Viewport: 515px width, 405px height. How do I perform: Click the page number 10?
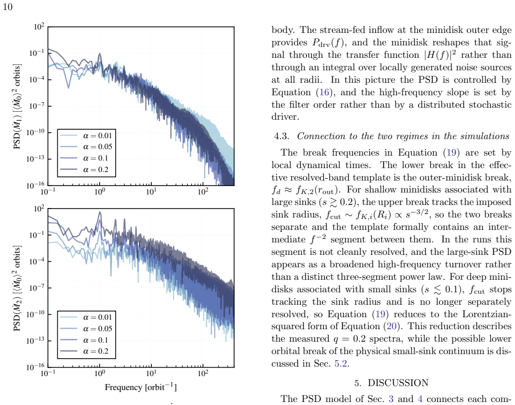pos(7,7)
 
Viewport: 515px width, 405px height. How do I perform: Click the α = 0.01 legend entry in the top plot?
pos(86,136)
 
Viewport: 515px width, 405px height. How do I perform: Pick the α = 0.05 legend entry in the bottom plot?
pos(86,329)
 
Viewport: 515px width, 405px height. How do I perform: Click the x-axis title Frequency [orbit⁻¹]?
pos(140,387)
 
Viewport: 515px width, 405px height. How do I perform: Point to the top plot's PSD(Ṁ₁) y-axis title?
pos(17,106)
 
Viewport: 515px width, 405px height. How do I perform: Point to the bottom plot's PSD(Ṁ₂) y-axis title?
pos(17,288)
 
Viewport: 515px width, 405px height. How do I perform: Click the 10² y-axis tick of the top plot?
pos(39,26)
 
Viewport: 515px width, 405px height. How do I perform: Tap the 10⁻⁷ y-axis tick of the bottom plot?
pos(37,288)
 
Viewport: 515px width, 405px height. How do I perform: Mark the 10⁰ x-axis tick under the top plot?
pos(100,191)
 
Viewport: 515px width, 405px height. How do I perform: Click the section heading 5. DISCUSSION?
pos(391,383)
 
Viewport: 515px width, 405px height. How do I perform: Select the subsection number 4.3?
pos(281,137)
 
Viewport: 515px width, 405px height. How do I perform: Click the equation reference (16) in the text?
pos(324,92)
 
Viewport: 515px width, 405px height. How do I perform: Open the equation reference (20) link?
pos(391,326)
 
